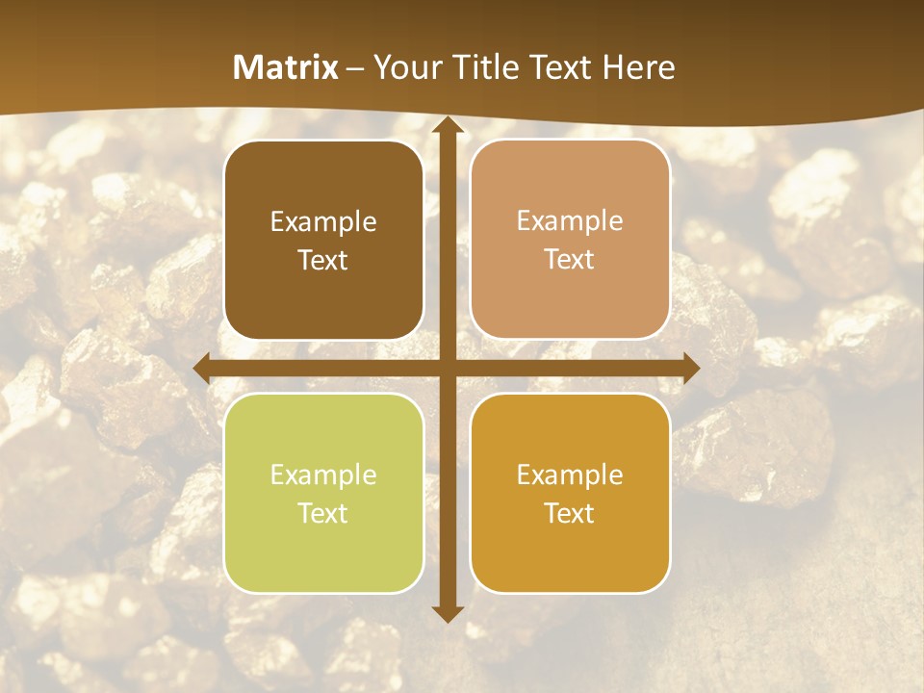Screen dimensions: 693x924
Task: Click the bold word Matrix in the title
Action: click(286, 67)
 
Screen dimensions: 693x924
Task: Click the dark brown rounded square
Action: click(323, 240)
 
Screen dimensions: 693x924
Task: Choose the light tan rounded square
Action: click(570, 240)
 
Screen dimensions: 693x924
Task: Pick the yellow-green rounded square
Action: click(323, 493)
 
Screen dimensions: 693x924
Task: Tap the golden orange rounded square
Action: click(570, 493)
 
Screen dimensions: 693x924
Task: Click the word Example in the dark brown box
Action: click(323, 222)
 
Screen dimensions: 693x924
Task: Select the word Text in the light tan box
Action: click(570, 260)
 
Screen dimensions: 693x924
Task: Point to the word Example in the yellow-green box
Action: click(323, 475)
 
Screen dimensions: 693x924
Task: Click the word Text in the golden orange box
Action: click(570, 513)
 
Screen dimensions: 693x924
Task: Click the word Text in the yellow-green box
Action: click(323, 513)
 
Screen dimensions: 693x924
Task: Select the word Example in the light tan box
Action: click(570, 221)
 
